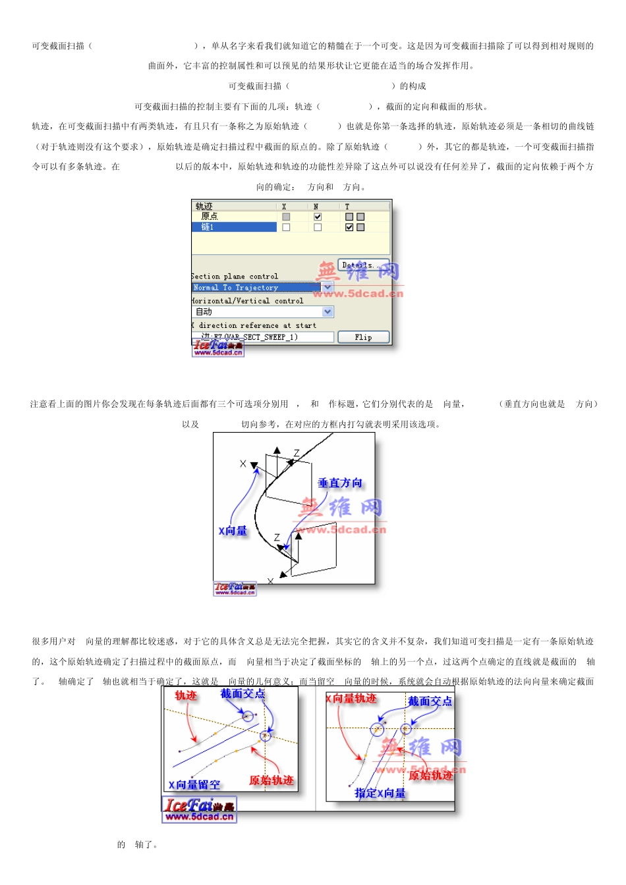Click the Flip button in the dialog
(x=363, y=337)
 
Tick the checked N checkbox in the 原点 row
(x=318, y=217)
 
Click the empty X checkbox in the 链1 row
(x=286, y=227)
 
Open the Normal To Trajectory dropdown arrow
(x=327, y=288)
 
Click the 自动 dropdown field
(x=257, y=311)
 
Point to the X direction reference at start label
(x=254, y=325)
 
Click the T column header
(x=347, y=207)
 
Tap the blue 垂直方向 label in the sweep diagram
(x=340, y=483)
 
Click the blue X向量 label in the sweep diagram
(x=233, y=531)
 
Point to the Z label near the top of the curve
(x=297, y=453)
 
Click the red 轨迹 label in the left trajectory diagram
(x=186, y=695)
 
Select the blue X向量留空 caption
(x=194, y=785)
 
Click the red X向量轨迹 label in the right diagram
(x=352, y=699)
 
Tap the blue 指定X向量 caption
(x=380, y=793)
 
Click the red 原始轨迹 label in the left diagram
(x=271, y=781)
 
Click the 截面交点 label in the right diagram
(x=430, y=702)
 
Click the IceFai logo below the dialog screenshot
(x=218, y=348)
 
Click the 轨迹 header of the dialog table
(x=204, y=207)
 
